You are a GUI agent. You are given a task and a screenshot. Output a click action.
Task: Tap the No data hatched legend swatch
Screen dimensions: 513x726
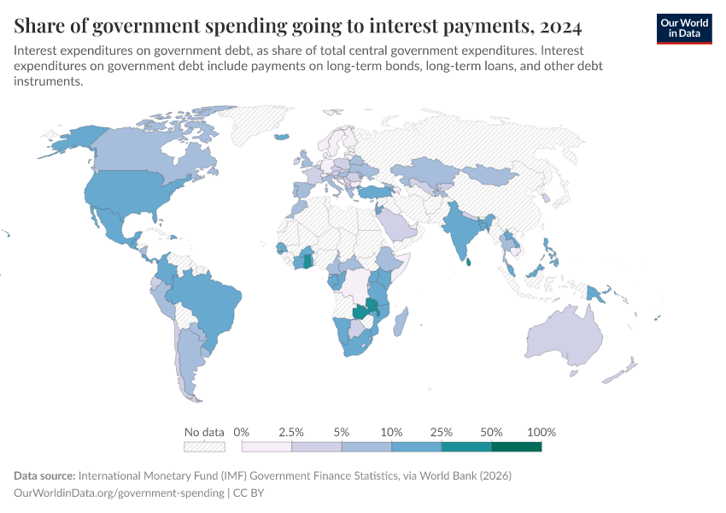(x=204, y=446)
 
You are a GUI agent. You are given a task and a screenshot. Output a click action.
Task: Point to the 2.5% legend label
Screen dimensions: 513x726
(x=291, y=432)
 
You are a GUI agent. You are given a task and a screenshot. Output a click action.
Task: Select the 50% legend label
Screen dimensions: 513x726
(x=491, y=432)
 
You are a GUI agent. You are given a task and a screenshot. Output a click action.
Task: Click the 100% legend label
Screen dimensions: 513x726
(x=542, y=432)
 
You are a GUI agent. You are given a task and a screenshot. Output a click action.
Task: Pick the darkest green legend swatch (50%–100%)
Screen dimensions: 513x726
(x=516, y=446)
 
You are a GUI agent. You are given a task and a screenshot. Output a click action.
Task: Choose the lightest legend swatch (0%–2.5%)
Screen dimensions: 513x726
(x=266, y=446)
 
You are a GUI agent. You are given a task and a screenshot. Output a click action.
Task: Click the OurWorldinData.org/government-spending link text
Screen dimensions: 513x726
(x=119, y=492)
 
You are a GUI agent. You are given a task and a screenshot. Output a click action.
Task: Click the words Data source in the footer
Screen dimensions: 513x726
(x=44, y=475)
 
